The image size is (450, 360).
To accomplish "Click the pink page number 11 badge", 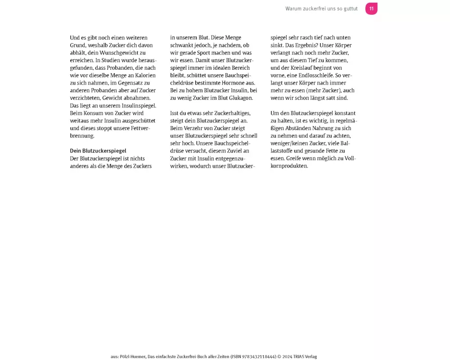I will click(371, 9).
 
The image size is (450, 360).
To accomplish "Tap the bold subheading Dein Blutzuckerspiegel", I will click(98, 151).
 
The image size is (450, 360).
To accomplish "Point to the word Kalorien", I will click(144, 75).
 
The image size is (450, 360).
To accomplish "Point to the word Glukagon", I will click(241, 98).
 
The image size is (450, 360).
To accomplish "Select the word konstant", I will click(343, 113).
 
